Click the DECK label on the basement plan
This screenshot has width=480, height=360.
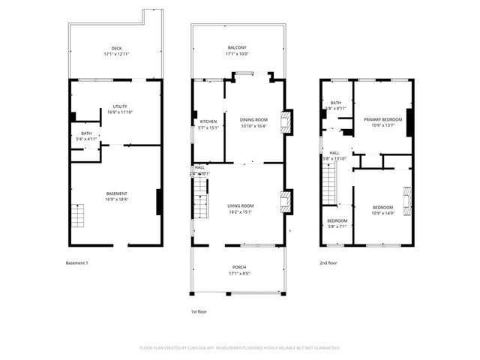coord(116,48)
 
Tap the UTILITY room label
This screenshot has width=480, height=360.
coord(119,107)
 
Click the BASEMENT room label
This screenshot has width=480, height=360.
coord(116,193)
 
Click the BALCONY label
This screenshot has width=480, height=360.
coord(237,48)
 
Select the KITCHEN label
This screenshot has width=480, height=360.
coord(208,121)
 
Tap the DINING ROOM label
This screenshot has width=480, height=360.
coord(253,120)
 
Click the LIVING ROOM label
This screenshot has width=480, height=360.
coord(241,205)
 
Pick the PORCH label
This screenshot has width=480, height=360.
coord(238,267)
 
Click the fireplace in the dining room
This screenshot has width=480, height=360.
coord(285,123)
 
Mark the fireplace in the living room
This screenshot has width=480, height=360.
coord(285,201)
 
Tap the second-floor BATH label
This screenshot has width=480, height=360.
coord(335,103)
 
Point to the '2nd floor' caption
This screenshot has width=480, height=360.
coord(328,263)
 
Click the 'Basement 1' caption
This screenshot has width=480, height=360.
coord(77,263)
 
